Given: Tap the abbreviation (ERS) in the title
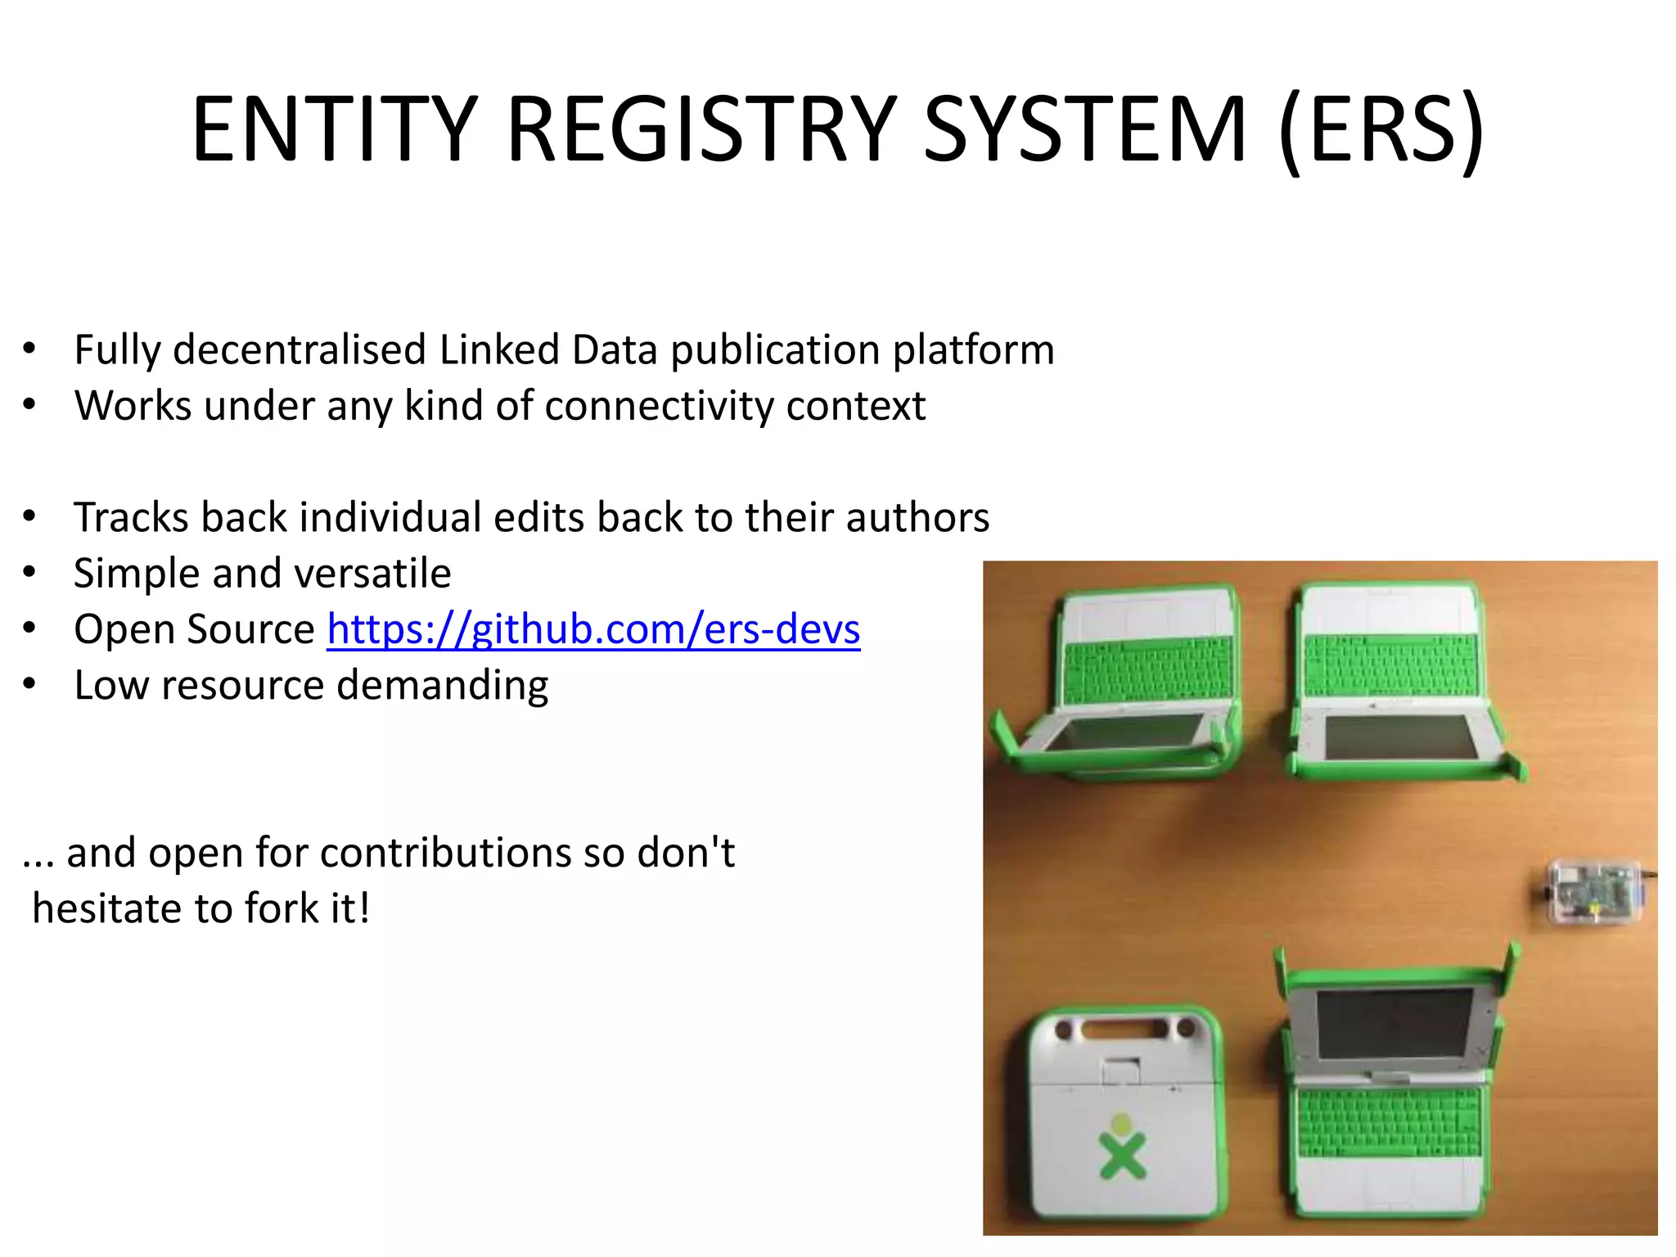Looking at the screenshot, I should (1381, 131).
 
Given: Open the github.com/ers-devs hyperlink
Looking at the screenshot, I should (593, 629).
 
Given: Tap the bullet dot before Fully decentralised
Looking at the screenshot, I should (29, 349).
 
